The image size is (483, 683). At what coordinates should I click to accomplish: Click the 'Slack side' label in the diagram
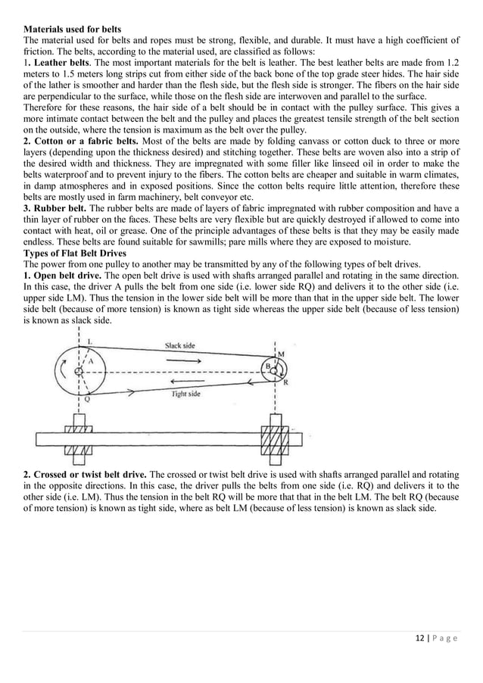[180, 345]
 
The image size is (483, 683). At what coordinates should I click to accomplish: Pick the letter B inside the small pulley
[266, 366]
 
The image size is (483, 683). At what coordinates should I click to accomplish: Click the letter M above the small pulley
[282, 354]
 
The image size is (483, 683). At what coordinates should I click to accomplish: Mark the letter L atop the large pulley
[91, 341]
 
